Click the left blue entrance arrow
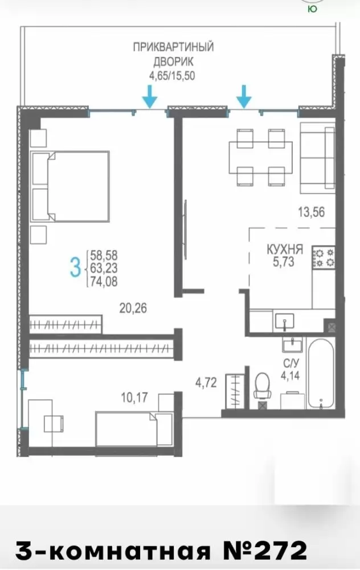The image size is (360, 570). (149, 97)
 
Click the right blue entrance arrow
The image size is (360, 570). (244, 97)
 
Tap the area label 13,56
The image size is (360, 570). (312, 212)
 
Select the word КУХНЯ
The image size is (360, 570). (285, 250)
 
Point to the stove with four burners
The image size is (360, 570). (324, 258)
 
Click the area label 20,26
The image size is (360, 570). (133, 308)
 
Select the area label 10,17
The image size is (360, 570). (134, 397)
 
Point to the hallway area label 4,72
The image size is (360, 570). (206, 383)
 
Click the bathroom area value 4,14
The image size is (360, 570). (291, 375)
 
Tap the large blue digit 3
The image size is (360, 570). (75, 267)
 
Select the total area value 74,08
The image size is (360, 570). (104, 282)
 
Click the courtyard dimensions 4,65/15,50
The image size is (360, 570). (172, 76)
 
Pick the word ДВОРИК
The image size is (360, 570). (173, 62)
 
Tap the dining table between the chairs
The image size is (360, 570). (260, 157)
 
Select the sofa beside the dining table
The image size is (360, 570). (317, 158)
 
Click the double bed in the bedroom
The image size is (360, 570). (70, 186)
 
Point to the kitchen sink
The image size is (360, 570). (285, 321)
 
